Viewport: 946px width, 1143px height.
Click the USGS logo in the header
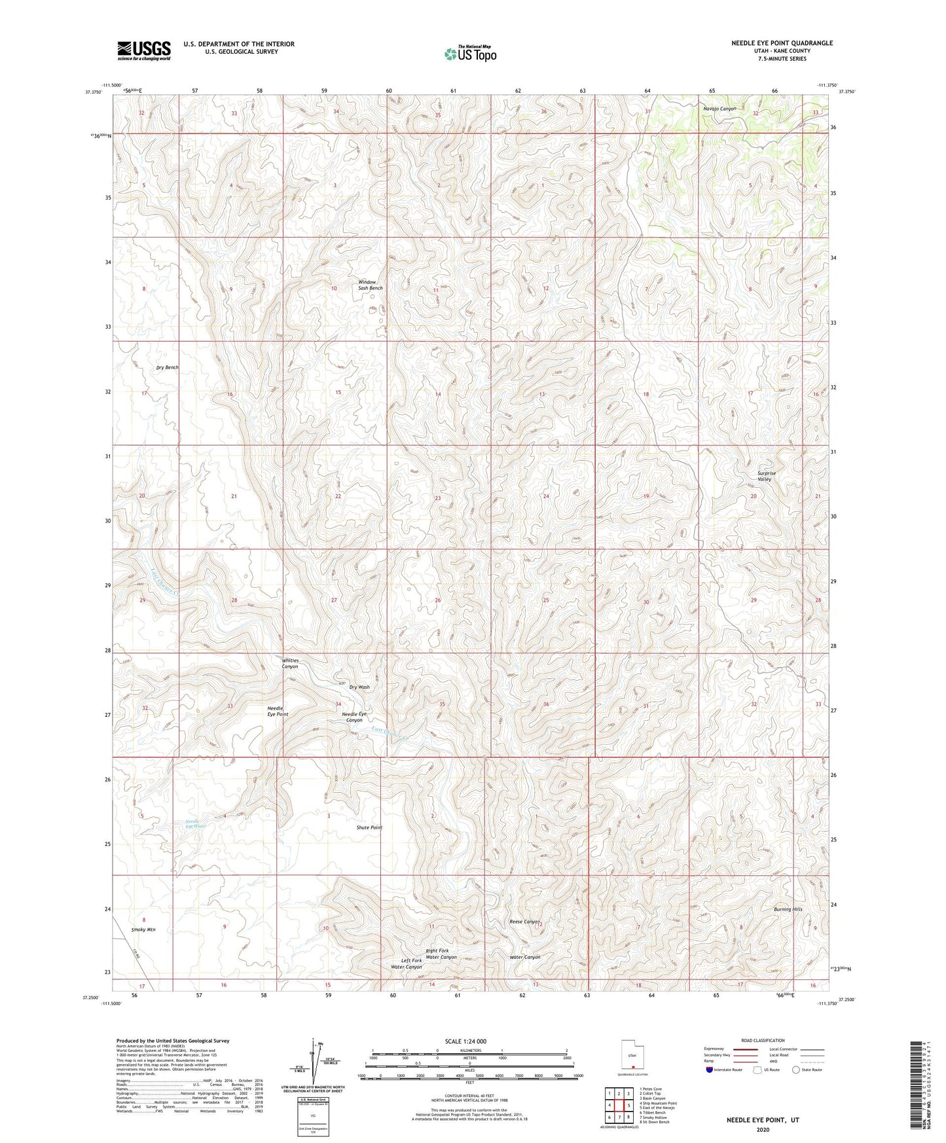click(143, 50)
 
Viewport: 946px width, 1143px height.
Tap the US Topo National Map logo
click(470, 53)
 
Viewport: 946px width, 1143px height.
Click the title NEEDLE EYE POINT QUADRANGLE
click(782, 43)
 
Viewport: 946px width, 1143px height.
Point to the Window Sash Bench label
click(370, 285)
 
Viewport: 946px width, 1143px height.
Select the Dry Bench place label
click(167, 368)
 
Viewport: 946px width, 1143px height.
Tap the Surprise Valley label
click(766, 476)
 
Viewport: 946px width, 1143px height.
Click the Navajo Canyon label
click(719, 109)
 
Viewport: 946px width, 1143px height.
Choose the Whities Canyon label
click(290, 663)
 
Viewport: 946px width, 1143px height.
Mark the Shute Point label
click(369, 827)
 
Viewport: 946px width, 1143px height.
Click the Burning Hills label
click(788, 909)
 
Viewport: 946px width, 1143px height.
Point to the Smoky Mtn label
click(143, 930)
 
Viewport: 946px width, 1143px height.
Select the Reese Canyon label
click(524, 922)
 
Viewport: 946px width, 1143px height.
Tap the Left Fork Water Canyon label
click(407, 964)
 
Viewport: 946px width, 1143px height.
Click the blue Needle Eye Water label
click(196, 824)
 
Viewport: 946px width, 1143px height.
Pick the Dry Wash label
click(359, 687)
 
